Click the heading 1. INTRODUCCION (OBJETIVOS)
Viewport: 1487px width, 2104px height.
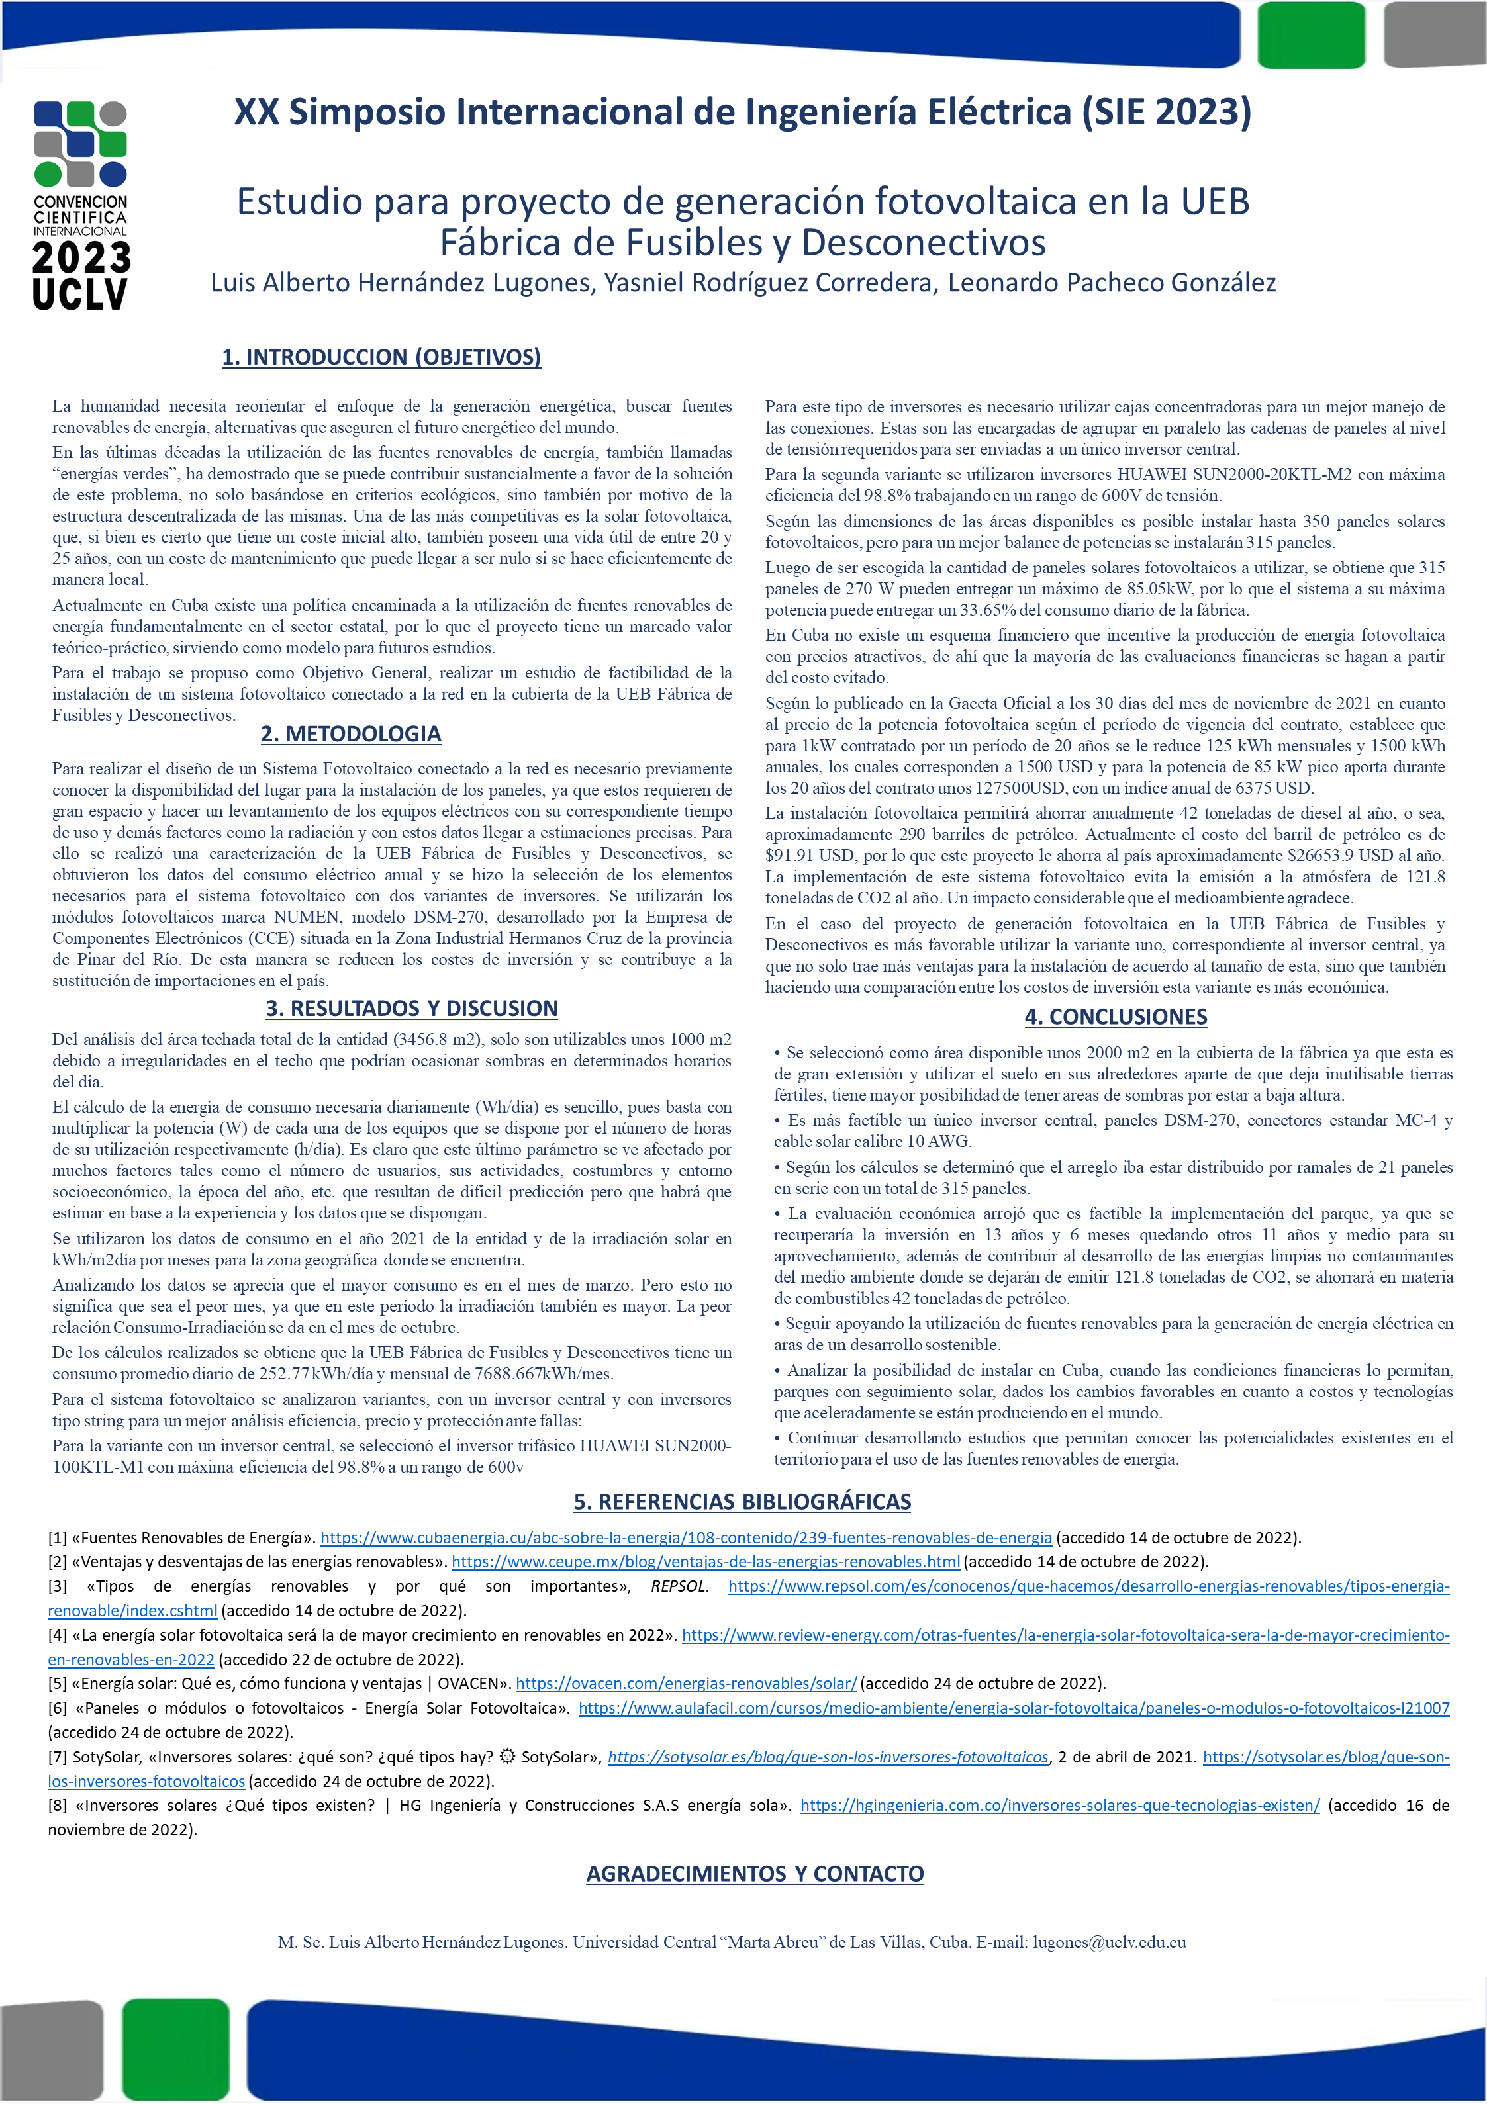(x=381, y=357)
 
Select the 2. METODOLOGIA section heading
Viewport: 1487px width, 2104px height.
(x=350, y=733)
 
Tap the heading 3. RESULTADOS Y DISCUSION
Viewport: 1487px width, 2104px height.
(x=412, y=1008)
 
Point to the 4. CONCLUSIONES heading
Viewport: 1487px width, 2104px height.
(x=1115, y=1017)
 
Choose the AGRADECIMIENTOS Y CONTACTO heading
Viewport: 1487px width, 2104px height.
(x=755, y=1873)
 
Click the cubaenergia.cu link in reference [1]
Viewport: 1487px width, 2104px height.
(x=686, y=1537)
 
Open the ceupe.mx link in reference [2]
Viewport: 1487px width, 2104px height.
(x=705, y=1561)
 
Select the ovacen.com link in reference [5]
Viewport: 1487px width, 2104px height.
(x=686, y=1682)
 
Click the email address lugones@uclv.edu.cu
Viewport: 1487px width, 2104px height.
(x=1109, y=1942)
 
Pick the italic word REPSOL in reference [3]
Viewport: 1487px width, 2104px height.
(x=679, y=1586)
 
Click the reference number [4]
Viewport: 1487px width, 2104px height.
(x=58, y=1635)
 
